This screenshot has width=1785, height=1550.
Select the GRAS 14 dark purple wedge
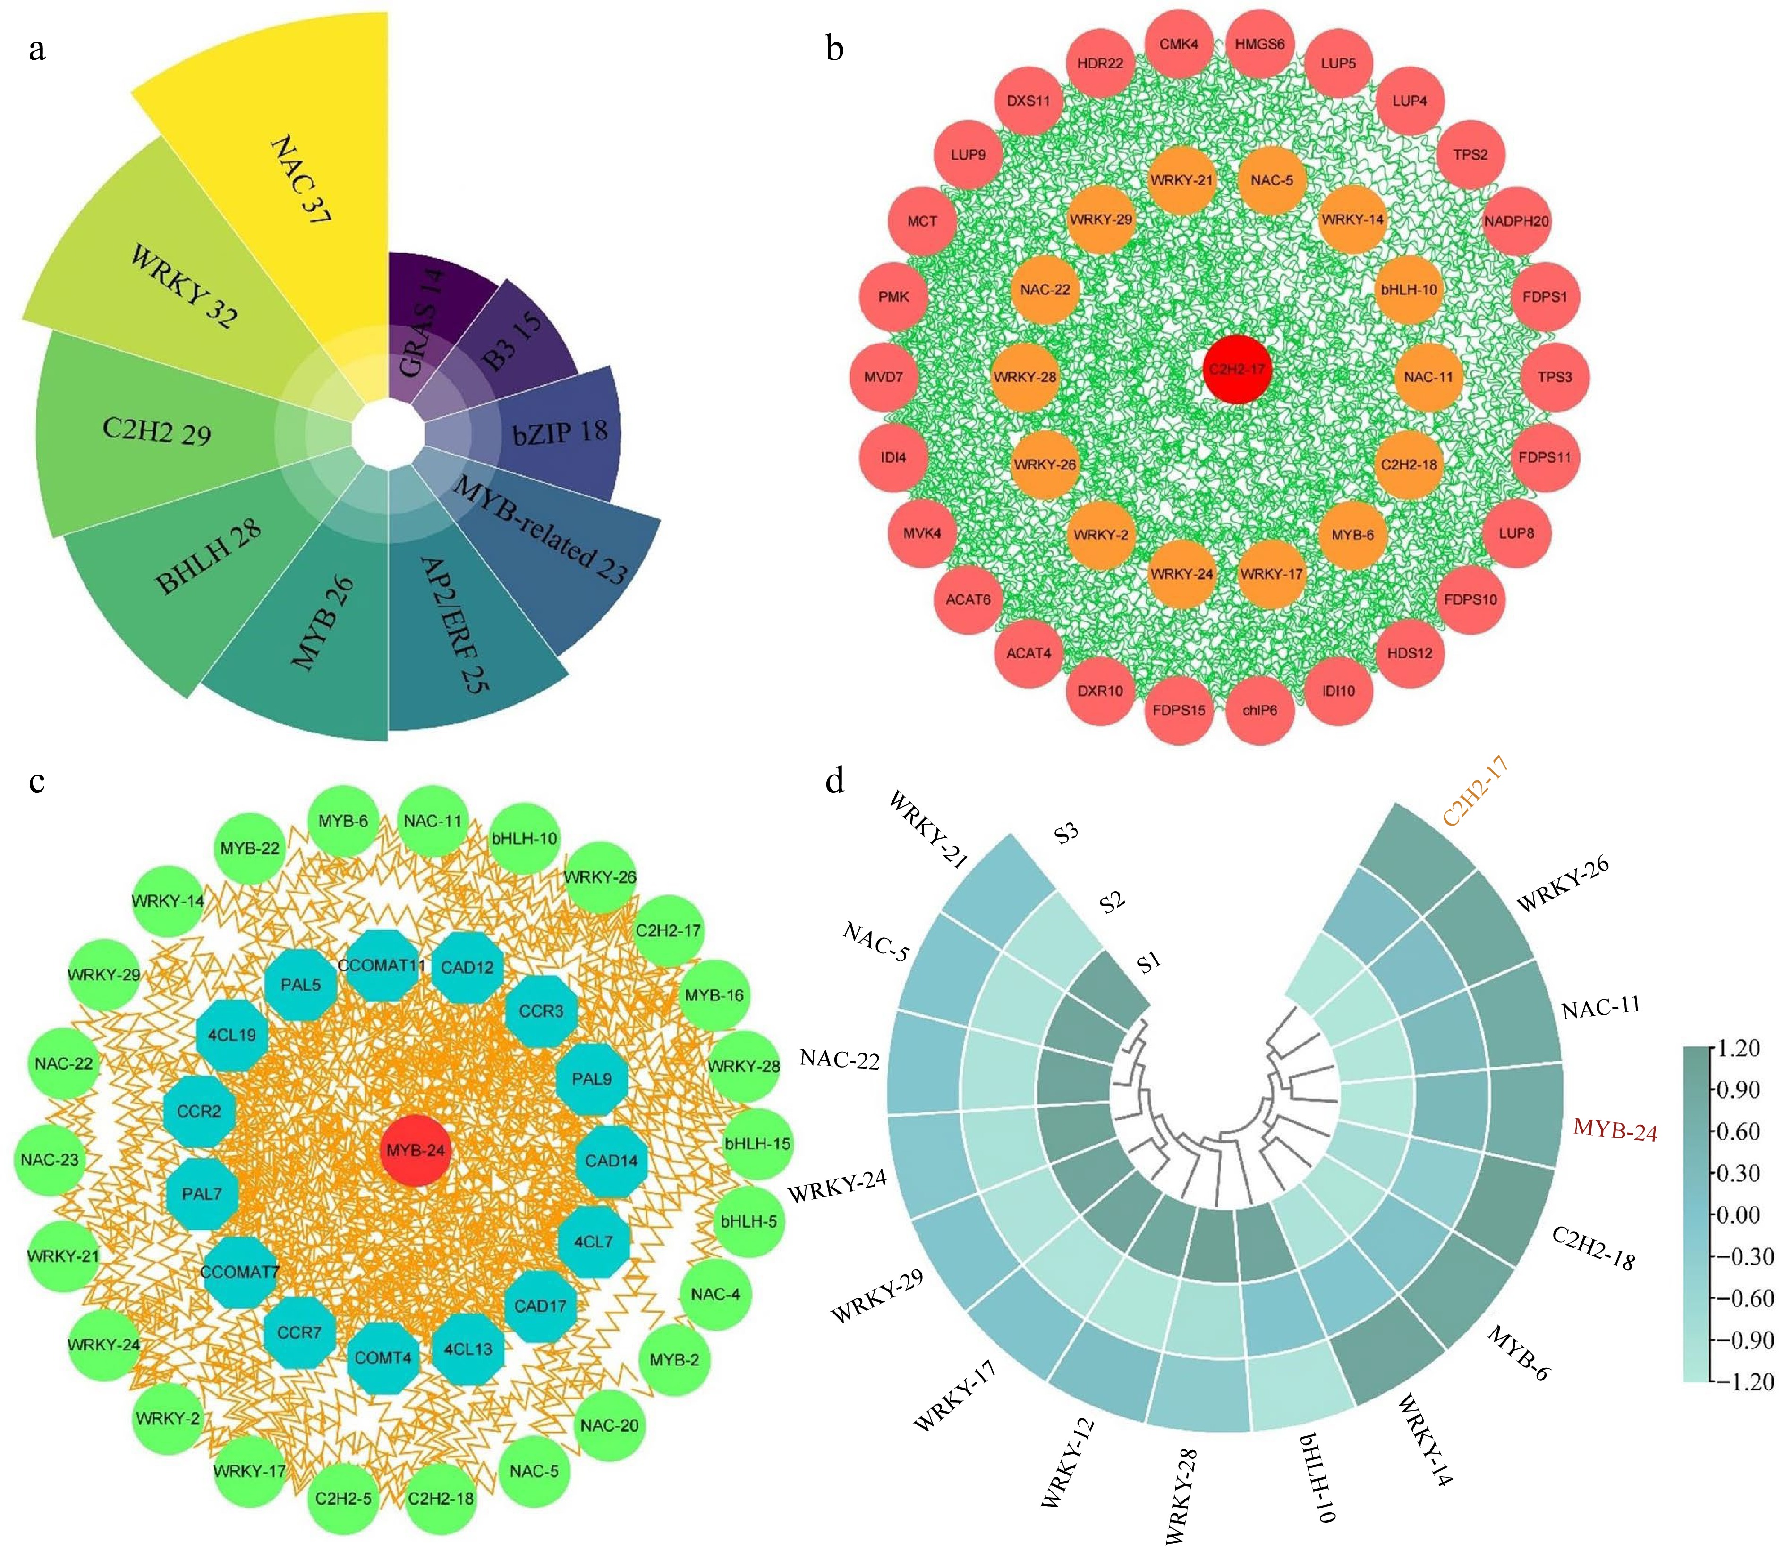[x=424, y=320]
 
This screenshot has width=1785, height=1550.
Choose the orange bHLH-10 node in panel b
[x=1409, y=290]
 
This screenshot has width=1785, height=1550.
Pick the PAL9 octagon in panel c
[x=592, y=1079]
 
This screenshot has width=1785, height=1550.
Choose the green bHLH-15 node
[x=757, y=1144]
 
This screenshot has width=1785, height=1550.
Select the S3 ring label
[x=1066, y=834]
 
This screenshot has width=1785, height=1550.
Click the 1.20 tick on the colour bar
[x=1739, y=1048]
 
